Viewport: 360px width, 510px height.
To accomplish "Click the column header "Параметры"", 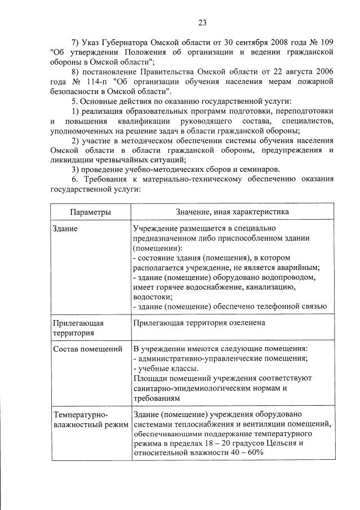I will (90, 212).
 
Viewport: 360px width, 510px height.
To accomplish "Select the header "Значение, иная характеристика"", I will (232, 212).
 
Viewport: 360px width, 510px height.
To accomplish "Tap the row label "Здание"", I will (65, 229).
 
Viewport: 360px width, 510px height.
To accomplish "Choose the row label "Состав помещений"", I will (87, 349).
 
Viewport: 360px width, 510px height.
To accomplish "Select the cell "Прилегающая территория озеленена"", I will (199, 323).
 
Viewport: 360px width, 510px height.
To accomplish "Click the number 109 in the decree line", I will (324, 42).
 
